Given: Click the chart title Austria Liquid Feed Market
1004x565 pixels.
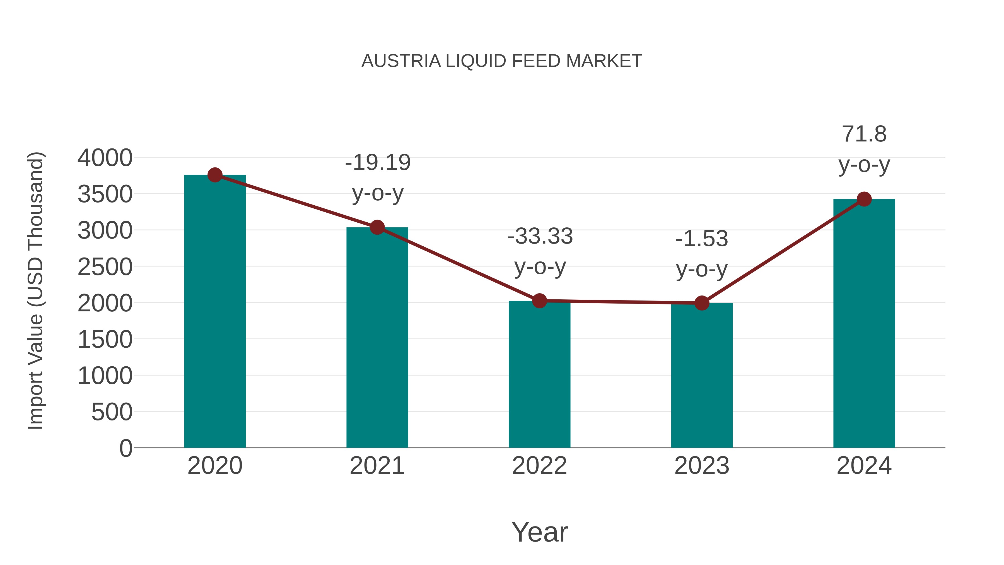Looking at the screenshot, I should pos(502,61).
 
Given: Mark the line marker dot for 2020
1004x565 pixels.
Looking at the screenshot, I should pos(215,175).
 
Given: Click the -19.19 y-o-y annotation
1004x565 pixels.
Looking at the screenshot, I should pos(378,177).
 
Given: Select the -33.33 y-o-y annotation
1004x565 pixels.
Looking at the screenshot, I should pos(540,251).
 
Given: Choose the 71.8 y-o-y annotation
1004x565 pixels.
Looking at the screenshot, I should pos(864,149).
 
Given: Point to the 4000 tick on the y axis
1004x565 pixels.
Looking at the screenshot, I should pos(105,158).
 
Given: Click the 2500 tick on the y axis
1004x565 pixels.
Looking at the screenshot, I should pos(105,267).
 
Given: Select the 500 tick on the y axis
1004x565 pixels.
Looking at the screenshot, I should pos(112,412).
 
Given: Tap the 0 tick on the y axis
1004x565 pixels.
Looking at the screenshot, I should pos(126,448).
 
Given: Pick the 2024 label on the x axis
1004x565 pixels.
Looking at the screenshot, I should pos(864,466).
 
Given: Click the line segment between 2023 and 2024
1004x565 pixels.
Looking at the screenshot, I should pos(783,251).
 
